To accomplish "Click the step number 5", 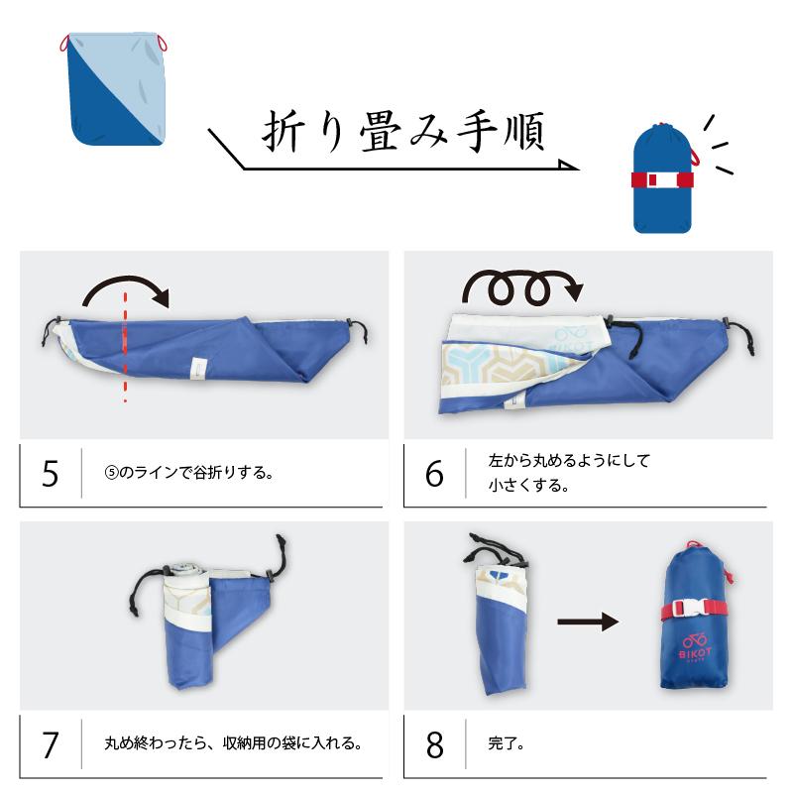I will [51, 474].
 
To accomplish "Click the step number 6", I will [434, 474].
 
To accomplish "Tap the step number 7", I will [51, 742].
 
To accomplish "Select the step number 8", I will [434, 744].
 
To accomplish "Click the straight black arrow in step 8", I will [587, 623].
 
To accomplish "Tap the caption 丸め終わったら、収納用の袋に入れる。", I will [232, 742].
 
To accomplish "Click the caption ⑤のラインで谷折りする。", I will [187, 474].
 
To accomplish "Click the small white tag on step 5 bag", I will [196, 368].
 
